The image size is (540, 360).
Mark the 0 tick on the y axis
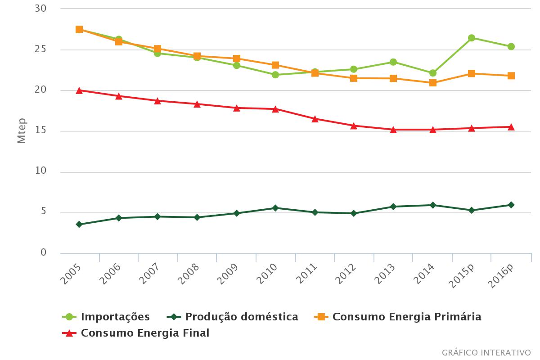point(43,253)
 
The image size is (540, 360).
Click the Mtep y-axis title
point(21,131)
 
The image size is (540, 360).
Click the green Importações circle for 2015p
point(472,38)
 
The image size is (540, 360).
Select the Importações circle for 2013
point(393,62)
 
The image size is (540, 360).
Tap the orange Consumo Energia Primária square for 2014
point(432,83)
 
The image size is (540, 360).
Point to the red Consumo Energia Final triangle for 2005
point(79,90)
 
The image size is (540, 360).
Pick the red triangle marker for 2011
point(315,119)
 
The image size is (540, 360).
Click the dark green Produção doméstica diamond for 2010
point(275,208)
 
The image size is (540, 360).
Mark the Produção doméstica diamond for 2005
point(79,224)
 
